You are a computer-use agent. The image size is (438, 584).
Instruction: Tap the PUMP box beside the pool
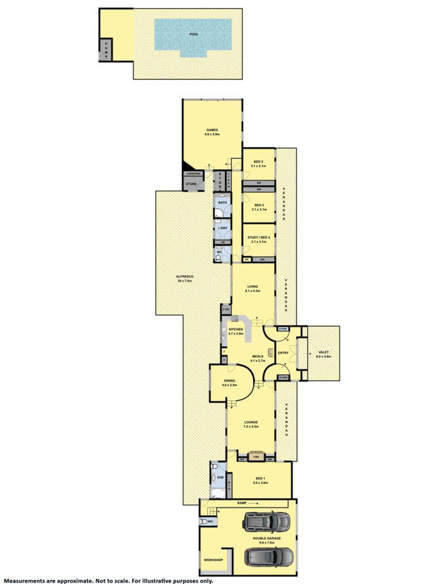click(106, 50)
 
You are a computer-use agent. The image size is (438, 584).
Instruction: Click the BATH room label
click(222, 203)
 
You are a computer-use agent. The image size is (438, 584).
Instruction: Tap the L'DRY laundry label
click(222, 228)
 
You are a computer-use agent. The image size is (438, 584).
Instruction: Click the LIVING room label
click(252, 288)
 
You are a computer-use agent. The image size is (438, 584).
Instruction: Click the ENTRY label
click(283, 352)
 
